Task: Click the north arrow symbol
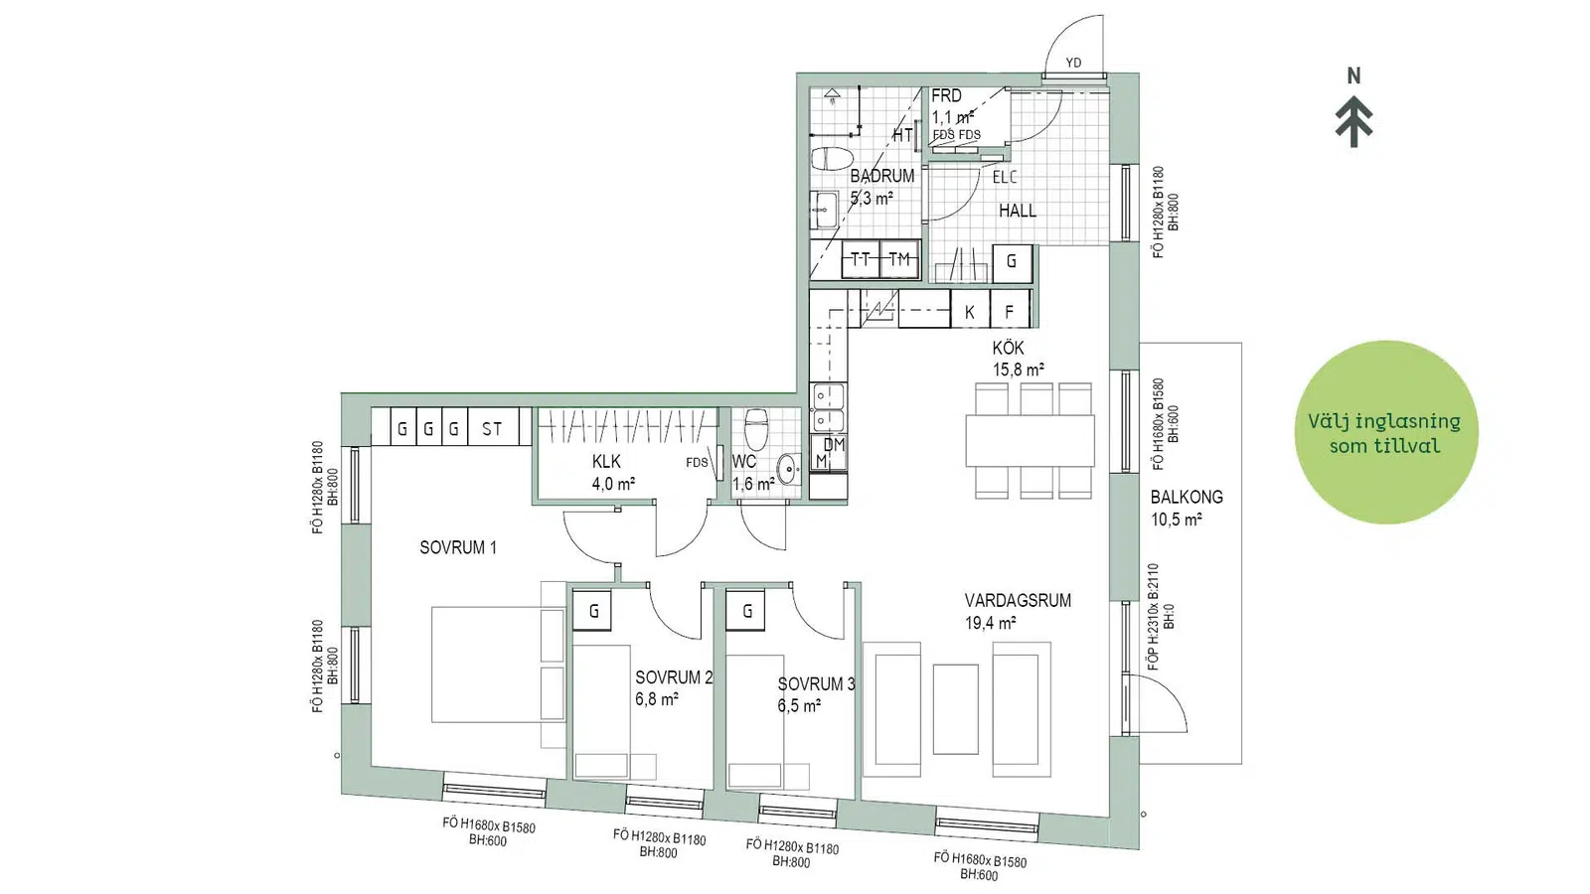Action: click(1353, 120)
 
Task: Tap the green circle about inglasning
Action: click(1385, 432)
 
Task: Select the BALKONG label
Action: click(1187, 498)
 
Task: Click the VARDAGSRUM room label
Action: click(1018, 601)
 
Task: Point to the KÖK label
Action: click(1008, 349)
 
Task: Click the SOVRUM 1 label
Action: click(458, 547)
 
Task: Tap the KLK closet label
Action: click(606, 462)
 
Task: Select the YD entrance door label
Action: click(1073, 64)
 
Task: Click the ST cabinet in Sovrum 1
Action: click(492, 428)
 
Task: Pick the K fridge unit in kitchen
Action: click(970, 312)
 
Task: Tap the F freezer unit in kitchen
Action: click(1010, 312)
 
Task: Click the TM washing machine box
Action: click(899, 259)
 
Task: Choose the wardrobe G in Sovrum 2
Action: click(594, 610)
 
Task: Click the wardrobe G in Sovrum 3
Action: click(746, 610)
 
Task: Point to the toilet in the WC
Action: click(755, 429)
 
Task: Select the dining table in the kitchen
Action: click(1030, 441)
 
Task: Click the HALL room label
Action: click(1018, 211)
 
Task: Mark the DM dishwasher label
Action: click(835, 445)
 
